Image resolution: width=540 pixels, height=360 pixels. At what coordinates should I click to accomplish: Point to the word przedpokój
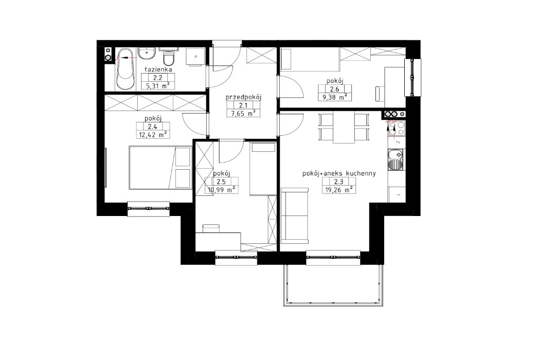click(244, 96)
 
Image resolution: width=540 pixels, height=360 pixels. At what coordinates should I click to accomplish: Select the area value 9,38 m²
click(334, 96)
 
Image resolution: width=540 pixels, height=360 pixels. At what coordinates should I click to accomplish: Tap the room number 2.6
click(334, 88)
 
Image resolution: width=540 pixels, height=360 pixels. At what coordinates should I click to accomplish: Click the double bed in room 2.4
click(160, 167)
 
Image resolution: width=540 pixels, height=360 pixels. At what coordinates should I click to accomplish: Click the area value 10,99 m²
click(221, 189)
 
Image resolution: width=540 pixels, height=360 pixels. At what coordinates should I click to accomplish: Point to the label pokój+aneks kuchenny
click(338, 174)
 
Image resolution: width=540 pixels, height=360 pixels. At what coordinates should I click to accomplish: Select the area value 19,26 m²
click(338, 189)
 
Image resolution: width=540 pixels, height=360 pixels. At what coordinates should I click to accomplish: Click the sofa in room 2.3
click(295, 217)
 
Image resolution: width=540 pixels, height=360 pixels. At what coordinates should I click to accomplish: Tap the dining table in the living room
click(344, 127)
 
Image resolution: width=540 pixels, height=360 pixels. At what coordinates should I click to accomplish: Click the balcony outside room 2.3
click(333, 283)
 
